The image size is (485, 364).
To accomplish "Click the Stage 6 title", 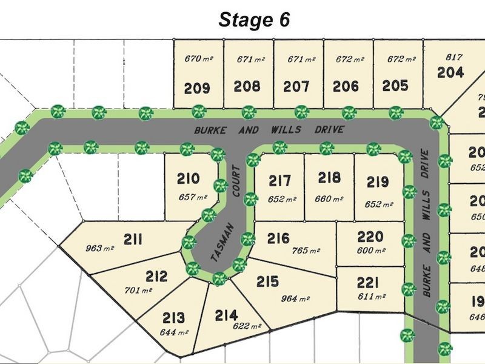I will (255, 19).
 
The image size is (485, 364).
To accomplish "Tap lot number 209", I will (197, 89).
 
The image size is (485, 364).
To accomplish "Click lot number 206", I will (346, 86).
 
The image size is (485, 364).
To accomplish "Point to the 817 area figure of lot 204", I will (454, 57).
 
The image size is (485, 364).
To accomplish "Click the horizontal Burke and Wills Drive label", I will (269, 130).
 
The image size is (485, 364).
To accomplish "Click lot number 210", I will (188, 179).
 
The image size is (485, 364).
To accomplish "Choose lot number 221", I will (368, 282).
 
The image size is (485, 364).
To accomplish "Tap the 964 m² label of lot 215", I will (296, 298).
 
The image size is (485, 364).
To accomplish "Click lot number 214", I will (227, 315).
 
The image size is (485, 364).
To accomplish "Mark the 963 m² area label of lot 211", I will (101, 248).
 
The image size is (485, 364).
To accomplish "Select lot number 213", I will (175, 318).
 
